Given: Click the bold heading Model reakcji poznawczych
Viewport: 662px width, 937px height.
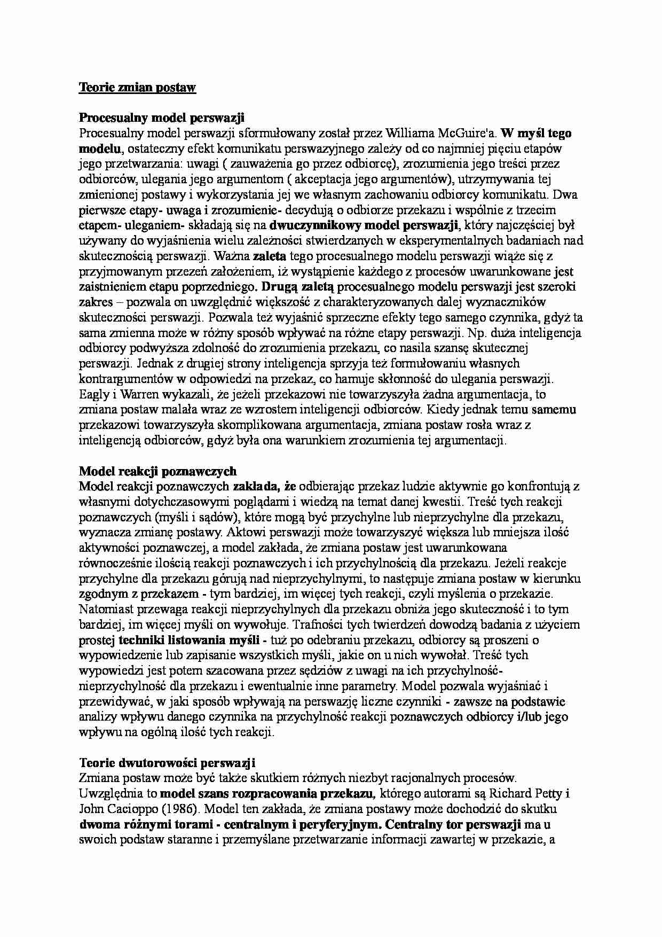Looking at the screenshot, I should pos(157,471).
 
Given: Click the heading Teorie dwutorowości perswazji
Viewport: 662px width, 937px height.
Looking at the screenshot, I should pos(168,762).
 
